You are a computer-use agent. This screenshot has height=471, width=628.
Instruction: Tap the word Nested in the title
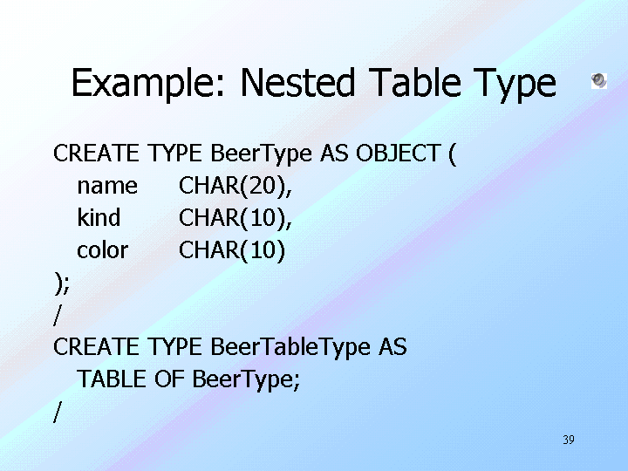click(x=298, y=83)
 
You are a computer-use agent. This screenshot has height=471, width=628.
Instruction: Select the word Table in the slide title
click(x=414, y=82)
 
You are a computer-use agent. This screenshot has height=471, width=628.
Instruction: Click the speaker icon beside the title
click(x=598, y=81)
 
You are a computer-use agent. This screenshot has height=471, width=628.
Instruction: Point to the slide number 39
click(x=569, y=440)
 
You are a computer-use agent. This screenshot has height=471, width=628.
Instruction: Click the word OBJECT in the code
click(x=399, y=153)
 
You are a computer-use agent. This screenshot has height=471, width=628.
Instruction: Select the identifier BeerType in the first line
click(x=261, y=154)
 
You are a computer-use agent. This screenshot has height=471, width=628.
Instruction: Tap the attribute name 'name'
click(x=107, y=187)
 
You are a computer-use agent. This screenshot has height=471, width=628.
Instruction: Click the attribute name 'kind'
click(x=99, y=217)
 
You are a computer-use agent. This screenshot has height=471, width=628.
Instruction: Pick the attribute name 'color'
click(x=103, y=250)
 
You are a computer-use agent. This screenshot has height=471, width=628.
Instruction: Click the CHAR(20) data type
click(x=235, y=187)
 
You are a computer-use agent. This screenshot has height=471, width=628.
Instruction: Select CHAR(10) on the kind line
click(x=235, y=219)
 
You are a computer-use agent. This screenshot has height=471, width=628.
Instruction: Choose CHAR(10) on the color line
click(x=232, y=250)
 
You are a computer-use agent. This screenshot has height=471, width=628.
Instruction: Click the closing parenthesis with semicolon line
click(x=62, y=283)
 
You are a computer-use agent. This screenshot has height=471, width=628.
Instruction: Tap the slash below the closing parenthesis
click(x=58, y=315)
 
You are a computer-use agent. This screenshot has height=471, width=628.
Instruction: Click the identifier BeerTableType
click(x=290, y=348)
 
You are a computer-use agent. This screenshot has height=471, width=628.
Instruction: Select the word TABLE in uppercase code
click(x=112, y=379)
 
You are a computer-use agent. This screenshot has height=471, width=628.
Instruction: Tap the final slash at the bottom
click(x=58, y=412)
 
